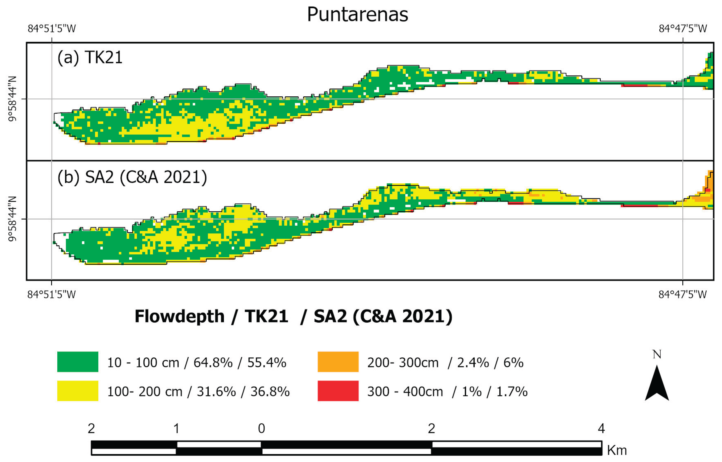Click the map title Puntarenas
point(357,14)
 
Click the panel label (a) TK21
point(90,57)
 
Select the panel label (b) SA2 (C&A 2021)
point(132,177)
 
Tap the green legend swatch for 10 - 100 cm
point(78,362)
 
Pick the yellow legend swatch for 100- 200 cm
point(78,391)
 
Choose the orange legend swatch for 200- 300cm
point(338,362)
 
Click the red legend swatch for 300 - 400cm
point(338,391)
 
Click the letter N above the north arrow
point(657,355)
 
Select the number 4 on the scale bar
point(601,428)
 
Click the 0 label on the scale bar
point(262,428)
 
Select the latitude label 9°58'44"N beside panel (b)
point(12,219)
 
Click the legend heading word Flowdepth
point(179,316)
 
